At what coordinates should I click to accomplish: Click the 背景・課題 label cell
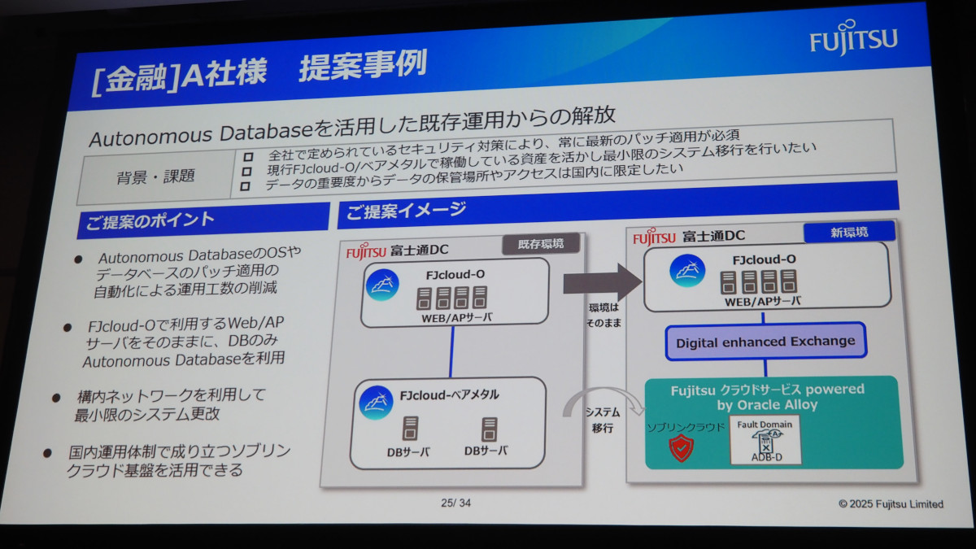tap(155, 176)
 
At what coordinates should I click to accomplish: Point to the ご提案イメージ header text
tap(406, 211)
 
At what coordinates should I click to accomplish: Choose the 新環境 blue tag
tap(848, 233)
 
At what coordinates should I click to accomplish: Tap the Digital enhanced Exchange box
tap(765, 342)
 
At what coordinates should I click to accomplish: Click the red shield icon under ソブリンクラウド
tap(681, 447)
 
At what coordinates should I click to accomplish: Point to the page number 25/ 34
tap(455, 503)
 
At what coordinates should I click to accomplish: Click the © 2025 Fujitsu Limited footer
tap(891, 504)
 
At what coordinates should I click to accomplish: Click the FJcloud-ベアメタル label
tap(449, 396)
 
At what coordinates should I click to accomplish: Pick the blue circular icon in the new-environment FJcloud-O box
tap(686, 271)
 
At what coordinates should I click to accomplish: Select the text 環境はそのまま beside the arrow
tap(603, 315)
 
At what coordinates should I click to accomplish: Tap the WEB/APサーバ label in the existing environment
tap(456, 317)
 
